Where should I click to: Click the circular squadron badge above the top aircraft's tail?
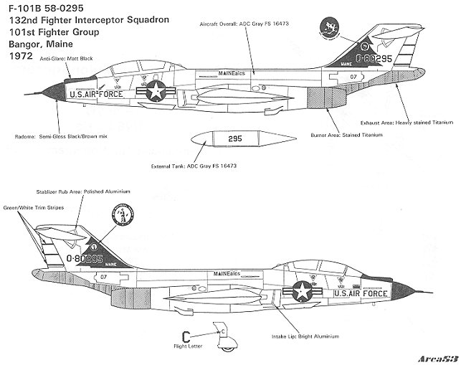click(328, 27)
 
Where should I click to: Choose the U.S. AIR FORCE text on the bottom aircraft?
click(363, 293)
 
